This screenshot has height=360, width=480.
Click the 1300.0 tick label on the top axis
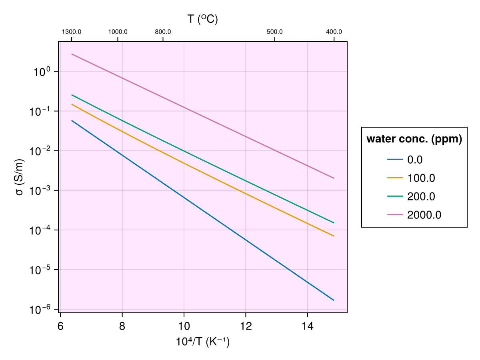(72, 32)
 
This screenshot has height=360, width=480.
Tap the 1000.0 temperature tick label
(118, 32)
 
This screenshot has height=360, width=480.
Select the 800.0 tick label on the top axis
(163, 32)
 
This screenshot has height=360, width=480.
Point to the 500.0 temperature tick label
(275, 32)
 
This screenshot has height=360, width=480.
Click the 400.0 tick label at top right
(334, 32)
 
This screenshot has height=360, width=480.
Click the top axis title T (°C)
(203, 19)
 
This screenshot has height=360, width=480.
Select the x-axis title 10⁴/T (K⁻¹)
(203, 342)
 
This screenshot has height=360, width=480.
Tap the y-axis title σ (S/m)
(19, 177)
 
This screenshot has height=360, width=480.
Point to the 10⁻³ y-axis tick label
(40, 190)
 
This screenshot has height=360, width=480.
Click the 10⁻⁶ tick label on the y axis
(40, 309)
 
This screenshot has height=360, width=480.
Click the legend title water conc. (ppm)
(414, 139)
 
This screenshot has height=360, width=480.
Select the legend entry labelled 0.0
(415, 160)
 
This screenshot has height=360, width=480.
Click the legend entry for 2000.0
(424, 215)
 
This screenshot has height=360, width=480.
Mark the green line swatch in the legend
(395, 197)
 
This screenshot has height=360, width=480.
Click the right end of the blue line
(334, 300)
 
